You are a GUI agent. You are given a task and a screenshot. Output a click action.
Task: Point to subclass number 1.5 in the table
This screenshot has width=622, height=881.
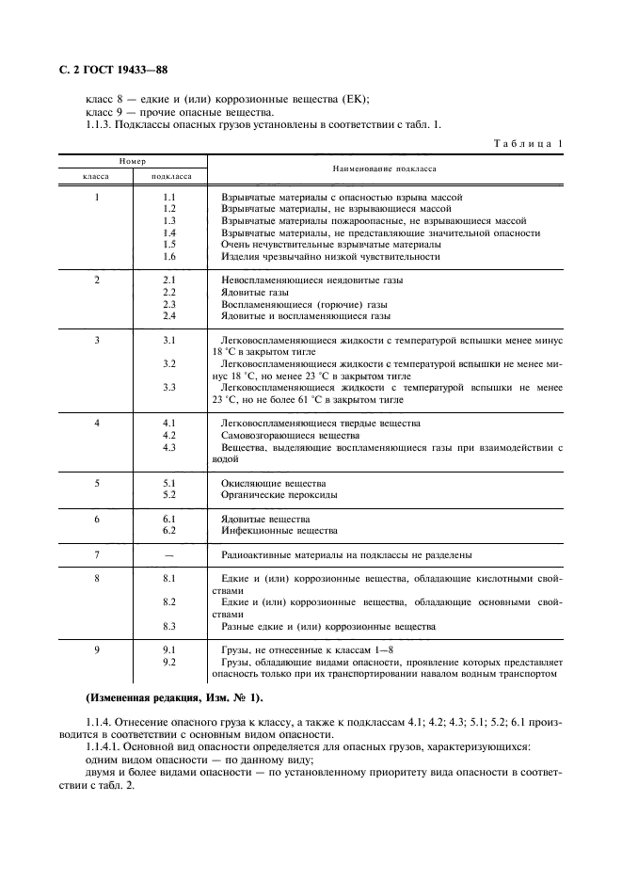[x=169, y=244]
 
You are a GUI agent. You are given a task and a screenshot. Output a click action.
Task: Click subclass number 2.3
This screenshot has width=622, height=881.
[x=169, y=305]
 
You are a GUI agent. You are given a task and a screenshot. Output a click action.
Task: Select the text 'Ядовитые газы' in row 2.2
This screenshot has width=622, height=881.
[x=254, y=293]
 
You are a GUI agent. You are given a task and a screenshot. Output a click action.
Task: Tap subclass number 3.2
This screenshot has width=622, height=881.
[x=169, y=363]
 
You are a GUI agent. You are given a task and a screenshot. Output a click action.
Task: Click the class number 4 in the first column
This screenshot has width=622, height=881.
[x=97, y=424]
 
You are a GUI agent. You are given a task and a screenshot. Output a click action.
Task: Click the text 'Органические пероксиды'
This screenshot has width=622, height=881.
[x=275, y=495]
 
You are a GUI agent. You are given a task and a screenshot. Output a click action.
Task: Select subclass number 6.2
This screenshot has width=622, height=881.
[x=169, y=531]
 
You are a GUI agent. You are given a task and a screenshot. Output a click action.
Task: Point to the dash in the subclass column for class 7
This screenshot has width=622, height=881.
[x=169, y=555]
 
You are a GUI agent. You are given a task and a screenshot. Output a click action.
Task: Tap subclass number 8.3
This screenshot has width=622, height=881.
[x=169, y=626]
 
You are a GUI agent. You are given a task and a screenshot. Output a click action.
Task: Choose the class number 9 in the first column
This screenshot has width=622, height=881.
[x=97, y=650]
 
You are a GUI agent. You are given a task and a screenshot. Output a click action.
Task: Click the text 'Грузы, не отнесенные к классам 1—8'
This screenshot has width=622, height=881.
[x=302, y=650]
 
